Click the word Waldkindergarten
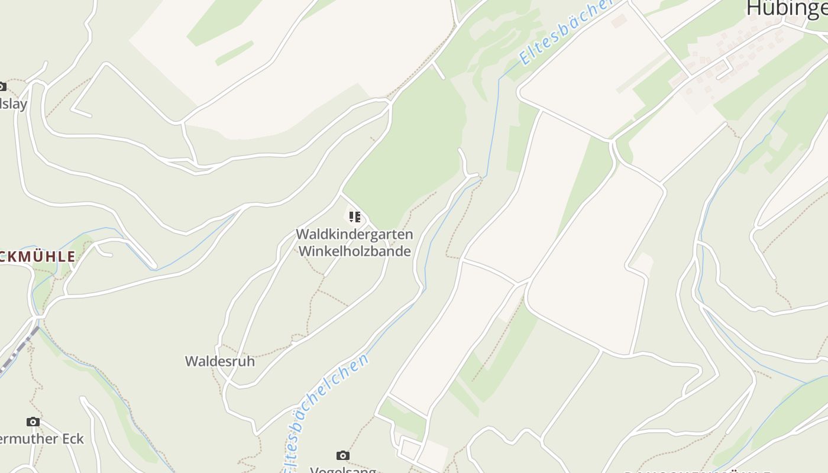click(354, 234)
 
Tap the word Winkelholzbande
click(354, 251)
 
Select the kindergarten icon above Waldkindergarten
click(354, 217)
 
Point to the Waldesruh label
click(220, 361)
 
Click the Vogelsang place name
click(343, 469)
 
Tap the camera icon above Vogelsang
click(343, 455)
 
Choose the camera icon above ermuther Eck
click(33, 422)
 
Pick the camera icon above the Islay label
click(2, 86)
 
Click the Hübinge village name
click(787, 8)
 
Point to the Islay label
click(14, 104)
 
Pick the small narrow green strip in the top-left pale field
click(234, 53)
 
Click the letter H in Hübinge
click(753, 8)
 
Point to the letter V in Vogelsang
click(315, 470)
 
